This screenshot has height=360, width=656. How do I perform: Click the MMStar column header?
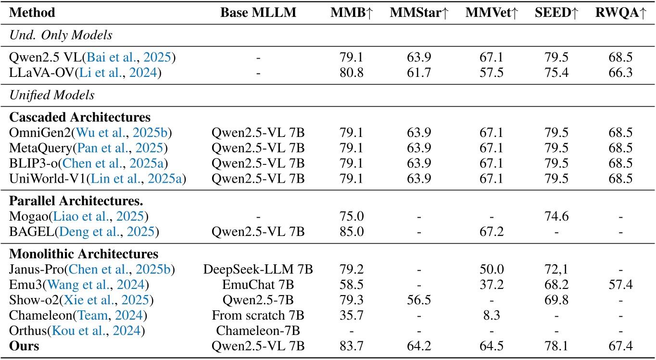[x=418, y=13]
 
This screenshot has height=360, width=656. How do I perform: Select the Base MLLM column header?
[x=258, y=13]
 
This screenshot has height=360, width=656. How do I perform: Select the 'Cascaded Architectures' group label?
[x=80, y=117]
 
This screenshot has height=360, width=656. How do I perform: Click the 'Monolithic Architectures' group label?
[x=84, y=254]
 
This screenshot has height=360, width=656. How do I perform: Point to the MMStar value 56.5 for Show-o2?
[x=418, y=301]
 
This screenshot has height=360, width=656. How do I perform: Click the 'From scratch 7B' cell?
[x=258, y=316]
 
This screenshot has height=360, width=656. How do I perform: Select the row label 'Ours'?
[x=24, y=347]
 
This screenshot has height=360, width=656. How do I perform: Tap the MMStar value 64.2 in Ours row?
[x=418, y=347]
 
